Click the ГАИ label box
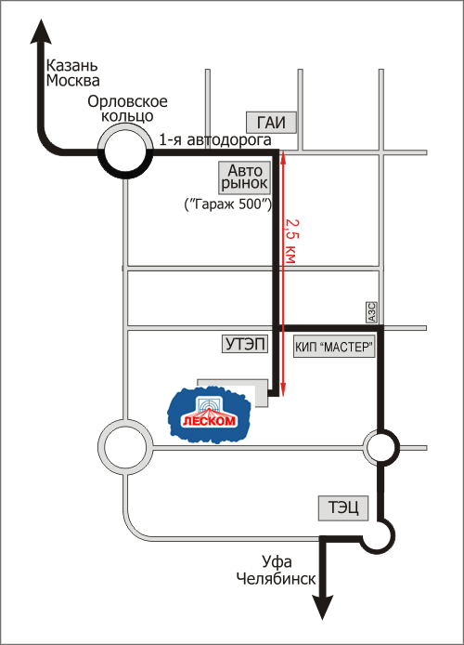pyautogui.click(x=271, y=122)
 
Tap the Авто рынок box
pyautogui.click(x=244, y=178)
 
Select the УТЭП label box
pyautogui.click(x=246, y=344)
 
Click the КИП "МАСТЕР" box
pyautogui.click(x=334, y=347)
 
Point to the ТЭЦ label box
pyautogui.click(x=343, y=508)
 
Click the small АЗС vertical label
pyautogui.click(x=371, y=312)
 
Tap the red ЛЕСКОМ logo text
pyautogui.click(x=210, y=420)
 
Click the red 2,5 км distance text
pyautogui.click(x=291, y=241)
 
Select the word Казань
pyautogui.click(x=71, y=65)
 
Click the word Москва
pyautogui.click(x=72, y=81)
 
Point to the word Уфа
pyautogui.click(x=277, y=562)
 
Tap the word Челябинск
pyautogui.click(x=276, y=579)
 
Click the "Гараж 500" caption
pyautogui.click(x=228, y=204)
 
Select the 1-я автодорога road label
pyautogui.click(x=215, y=140)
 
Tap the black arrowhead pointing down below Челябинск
pyautogui.click(x=322, y=607)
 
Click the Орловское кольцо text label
pyautogui.click(x=127, y=109)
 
